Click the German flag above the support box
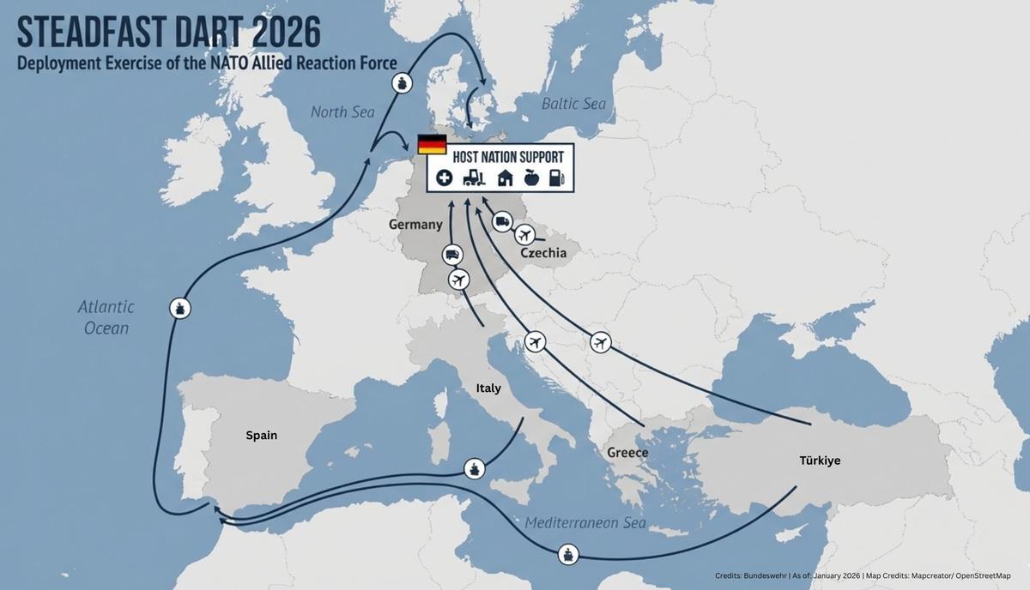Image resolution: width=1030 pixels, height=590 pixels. point(432,144)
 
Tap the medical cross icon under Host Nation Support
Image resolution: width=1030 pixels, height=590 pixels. point(443,178)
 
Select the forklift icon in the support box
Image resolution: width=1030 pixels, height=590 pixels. point(474,178)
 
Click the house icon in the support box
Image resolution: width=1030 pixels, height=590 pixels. point(505,178)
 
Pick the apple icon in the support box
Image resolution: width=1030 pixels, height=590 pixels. point(530,178)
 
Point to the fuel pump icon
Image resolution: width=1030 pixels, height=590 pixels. point(556,178)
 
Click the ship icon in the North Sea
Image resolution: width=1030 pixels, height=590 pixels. point(403,83)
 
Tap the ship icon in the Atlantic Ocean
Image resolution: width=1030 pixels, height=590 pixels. point(179,308)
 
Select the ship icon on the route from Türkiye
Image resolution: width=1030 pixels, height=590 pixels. point(567,553)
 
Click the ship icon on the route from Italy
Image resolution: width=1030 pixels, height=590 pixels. point(475,468)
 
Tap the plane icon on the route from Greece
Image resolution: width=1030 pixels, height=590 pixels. point(536,342)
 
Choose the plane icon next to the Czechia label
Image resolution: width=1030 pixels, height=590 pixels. point(524,235)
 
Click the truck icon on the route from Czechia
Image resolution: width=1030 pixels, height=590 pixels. point(502,223)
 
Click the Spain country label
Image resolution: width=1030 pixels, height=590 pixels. point(262,435)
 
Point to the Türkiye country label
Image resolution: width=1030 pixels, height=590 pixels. point(820,461)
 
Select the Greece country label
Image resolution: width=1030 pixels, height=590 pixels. point(627,452)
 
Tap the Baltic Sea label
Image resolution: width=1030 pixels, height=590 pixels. point(573,104)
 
